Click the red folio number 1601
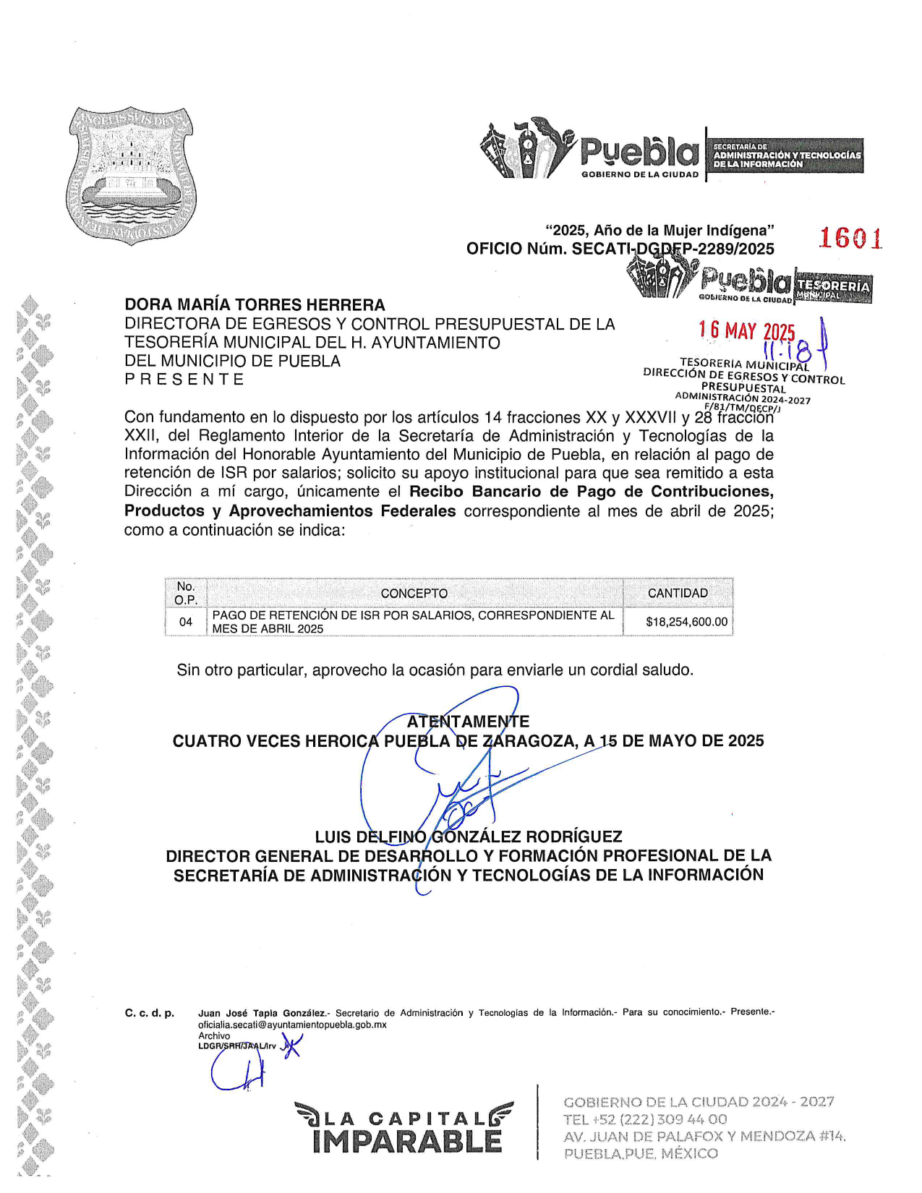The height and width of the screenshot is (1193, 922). pyautogui.click(x=850, y=238)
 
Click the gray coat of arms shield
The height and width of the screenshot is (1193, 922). pyautogui.click(x=131, y=174)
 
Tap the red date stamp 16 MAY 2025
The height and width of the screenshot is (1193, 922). pyautogui.click(x=746, y=331)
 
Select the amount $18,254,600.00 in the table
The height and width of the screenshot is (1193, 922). pyautogui.click(x=686, y=622)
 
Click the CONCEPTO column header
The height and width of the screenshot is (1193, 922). pyautogui.click(x=414, y=594)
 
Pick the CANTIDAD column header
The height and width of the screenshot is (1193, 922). pyautogui.click(x=678, y=594)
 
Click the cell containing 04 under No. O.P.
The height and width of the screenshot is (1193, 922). pyautogui.click(x=186, y=622)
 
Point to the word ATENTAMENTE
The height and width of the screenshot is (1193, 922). pyautogui.click(x=468, y=722)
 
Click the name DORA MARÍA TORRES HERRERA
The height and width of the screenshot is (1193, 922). pyautogui.click(x=255, y=305)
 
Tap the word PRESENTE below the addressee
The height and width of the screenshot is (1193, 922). pyautogui.click(x=184, y=380)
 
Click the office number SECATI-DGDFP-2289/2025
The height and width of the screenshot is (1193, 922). pyautogui.click(x=673, y=249)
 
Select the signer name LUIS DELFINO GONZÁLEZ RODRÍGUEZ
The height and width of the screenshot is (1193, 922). pyautogui.click(x=468, y=837)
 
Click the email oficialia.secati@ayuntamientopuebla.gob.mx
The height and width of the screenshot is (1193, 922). pyautogui.click(x=292, y=1025)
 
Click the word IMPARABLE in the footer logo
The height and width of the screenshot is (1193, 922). pyautogui.click(x=407, y=1142)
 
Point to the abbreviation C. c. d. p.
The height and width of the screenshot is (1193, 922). pyautogui.click(x=150, y=1013)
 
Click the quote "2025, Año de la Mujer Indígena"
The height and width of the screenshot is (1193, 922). pyautogui.click(x=660, y=231)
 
